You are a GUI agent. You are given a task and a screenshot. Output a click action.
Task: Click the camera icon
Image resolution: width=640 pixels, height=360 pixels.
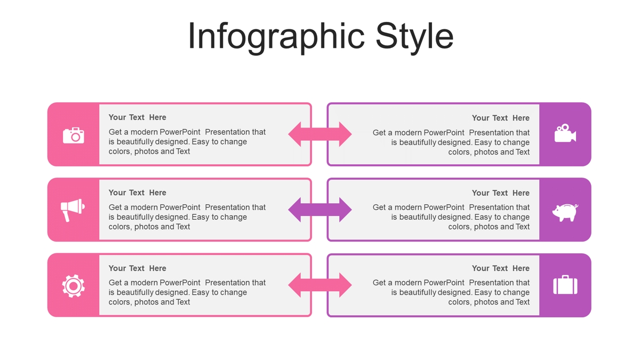click(x=74, y=135)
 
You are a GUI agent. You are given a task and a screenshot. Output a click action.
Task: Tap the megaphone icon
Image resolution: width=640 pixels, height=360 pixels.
click(x=73, y=210)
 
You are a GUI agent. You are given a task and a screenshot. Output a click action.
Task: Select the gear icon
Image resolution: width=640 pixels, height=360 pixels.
click(x=74, y=286)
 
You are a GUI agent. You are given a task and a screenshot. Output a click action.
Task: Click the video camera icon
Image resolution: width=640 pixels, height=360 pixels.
click(x=565, y=133)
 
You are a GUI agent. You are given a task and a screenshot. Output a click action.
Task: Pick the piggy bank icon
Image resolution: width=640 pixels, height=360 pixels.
click(x=565, y=212)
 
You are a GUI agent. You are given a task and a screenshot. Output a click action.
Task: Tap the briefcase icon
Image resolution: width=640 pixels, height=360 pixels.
click(x=565, y=285)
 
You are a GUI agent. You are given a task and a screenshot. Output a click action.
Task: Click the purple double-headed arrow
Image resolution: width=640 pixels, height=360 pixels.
click(x=320, y=210)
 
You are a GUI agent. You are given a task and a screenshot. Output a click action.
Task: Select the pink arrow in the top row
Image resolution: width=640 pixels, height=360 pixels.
click(x=320, y=134)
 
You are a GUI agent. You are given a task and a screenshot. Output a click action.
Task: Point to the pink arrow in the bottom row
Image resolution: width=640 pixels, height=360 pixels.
click(x=320, y=285)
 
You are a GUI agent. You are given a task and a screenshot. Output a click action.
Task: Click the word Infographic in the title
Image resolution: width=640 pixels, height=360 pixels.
click(x=276, y=37)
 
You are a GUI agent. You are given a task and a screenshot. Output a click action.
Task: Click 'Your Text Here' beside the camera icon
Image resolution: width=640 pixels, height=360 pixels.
click(x=137, y=117)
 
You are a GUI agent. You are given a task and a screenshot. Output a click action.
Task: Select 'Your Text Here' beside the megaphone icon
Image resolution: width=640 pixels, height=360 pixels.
click(x=137, y=193)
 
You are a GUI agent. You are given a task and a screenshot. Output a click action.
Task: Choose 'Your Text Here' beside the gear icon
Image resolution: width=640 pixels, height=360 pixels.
click(x=137, y=268)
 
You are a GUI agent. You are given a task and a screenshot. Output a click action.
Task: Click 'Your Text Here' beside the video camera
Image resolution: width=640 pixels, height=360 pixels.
click(x=501, y=118)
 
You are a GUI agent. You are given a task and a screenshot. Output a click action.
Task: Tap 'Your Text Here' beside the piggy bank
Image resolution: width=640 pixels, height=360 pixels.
click(x=501, y=193)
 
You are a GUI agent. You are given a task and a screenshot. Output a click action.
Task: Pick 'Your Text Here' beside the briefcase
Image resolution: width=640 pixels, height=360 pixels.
click(x=501, y=268)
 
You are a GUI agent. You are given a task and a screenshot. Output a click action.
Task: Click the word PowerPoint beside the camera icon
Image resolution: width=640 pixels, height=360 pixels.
click(x=180, y=132)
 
